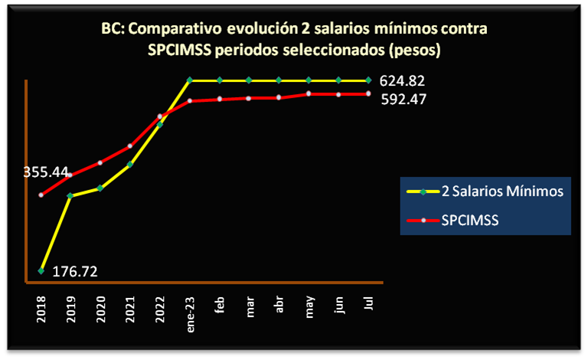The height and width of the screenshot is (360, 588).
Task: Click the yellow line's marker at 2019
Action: pos(70,196)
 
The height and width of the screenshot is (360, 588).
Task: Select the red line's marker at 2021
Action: pos(130,146)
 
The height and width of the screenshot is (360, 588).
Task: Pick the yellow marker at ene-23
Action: pos(190,80)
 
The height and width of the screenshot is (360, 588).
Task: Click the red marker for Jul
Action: pos(368,93)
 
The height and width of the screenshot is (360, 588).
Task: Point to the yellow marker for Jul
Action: pos(368,80)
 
